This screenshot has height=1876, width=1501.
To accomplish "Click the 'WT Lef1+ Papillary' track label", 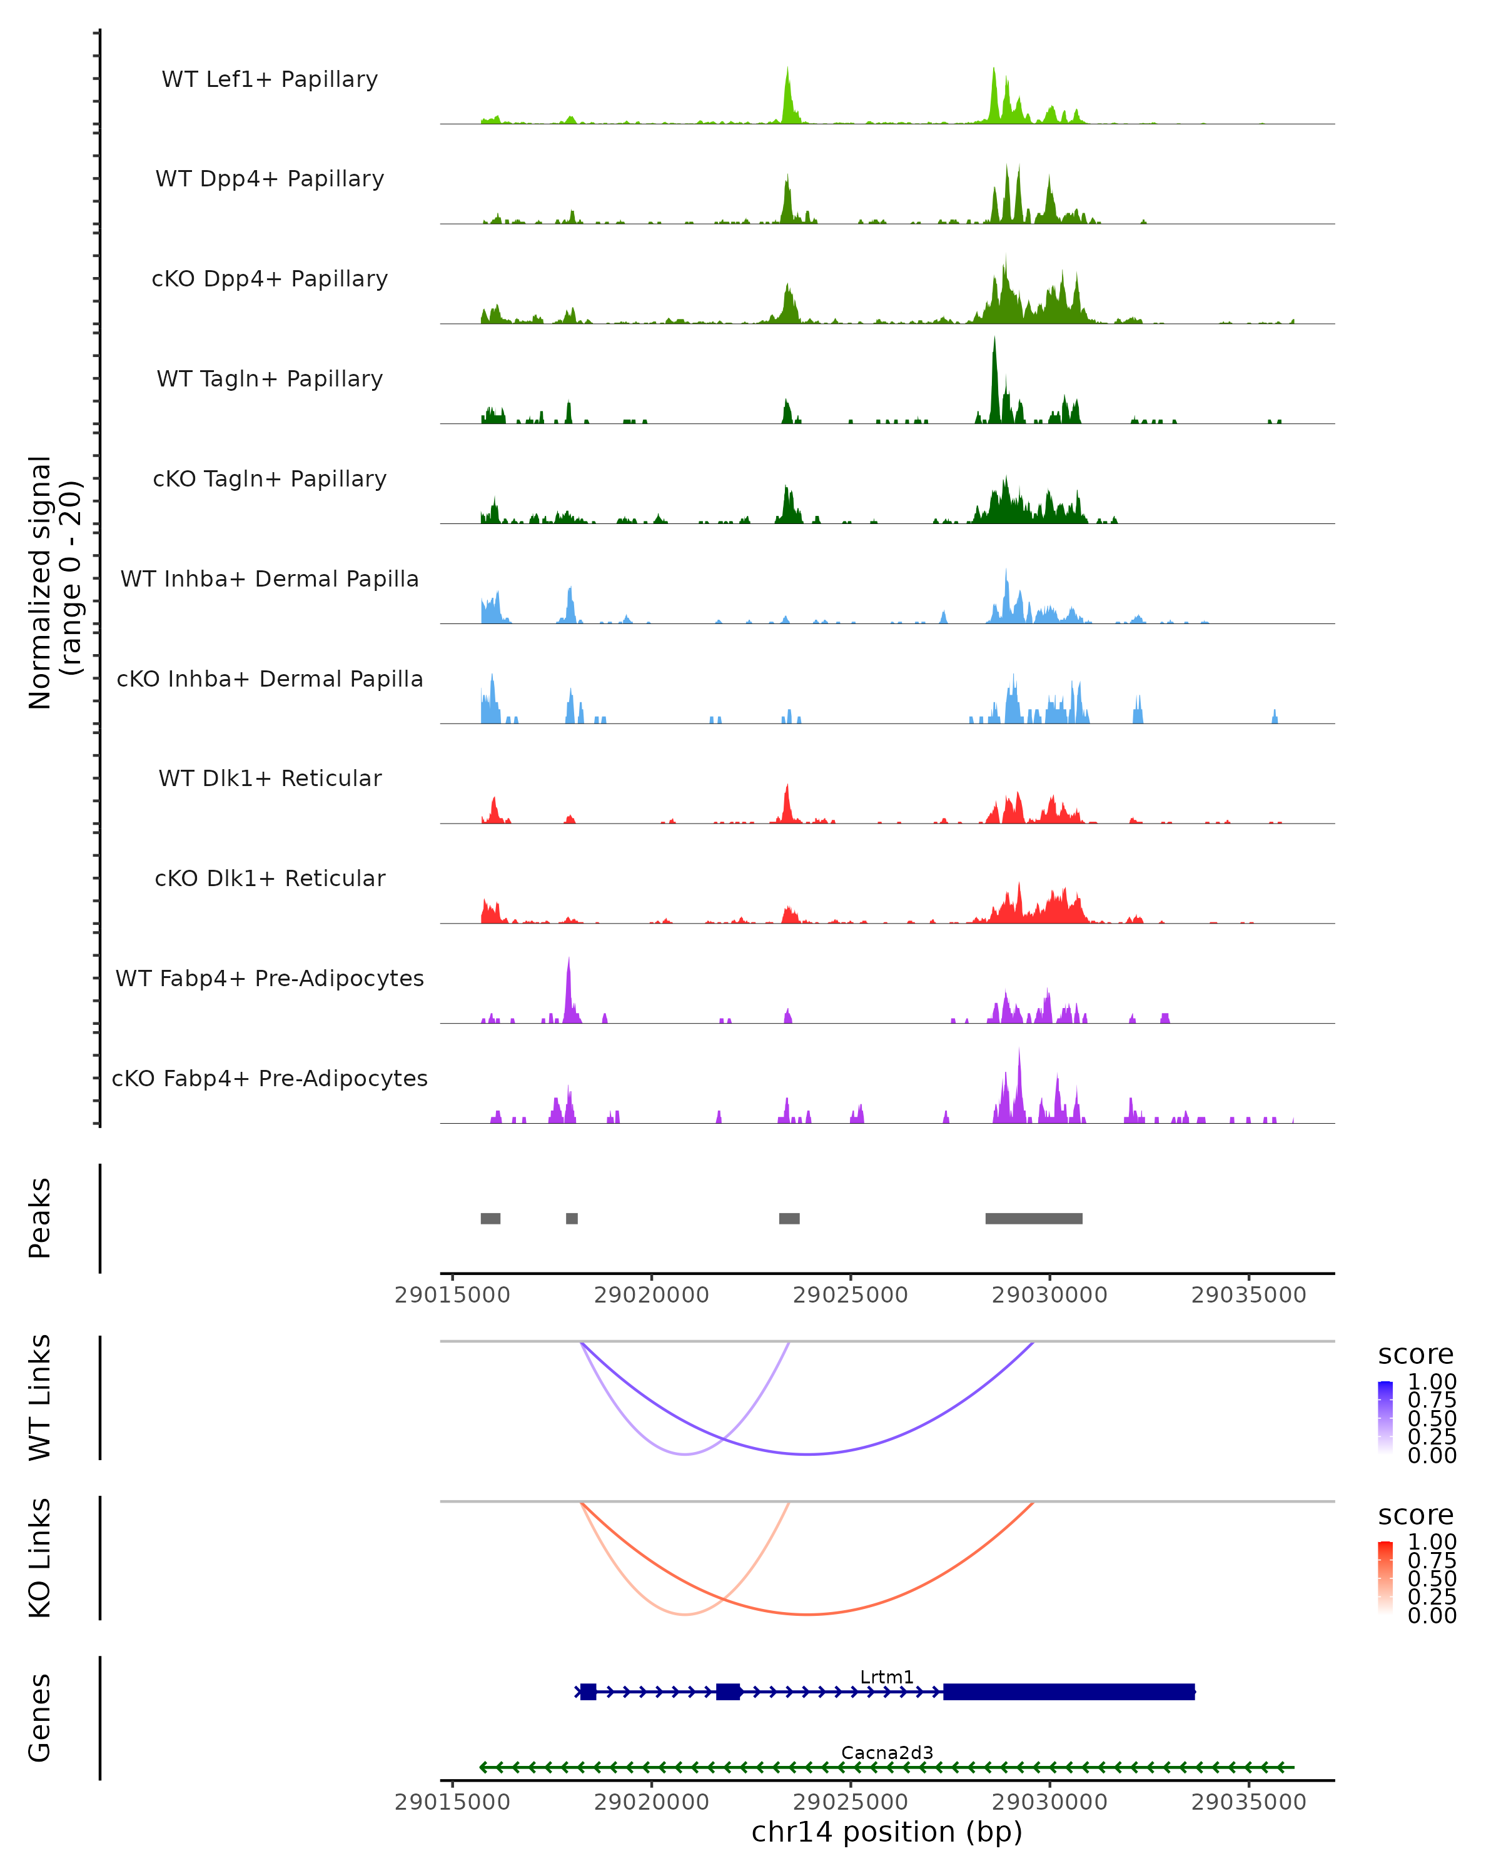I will click(270, 79).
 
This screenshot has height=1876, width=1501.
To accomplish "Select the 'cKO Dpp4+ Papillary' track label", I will click(270, 278).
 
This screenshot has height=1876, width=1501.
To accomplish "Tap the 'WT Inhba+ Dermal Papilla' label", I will click(270, 578).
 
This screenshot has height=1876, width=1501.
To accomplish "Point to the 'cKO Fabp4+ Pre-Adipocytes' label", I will click(270, 1078).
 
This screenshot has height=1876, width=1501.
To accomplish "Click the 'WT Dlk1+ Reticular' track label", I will click(270, 778).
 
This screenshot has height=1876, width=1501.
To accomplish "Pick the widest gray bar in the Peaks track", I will click(1034, 1218).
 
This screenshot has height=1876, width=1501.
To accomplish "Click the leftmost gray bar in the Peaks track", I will click(491, 1218).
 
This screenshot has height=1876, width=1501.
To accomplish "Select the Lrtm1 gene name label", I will click(887, 1677).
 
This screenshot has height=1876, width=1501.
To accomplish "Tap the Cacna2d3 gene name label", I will click(887, 1752).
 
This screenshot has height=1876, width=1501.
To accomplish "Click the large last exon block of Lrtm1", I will click(1069, 1692).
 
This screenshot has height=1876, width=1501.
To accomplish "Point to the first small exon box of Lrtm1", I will click(589, 1692).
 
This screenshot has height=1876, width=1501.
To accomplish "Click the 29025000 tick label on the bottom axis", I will click(850, 1802).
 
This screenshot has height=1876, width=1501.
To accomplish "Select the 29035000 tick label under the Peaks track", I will click(1249, 1295).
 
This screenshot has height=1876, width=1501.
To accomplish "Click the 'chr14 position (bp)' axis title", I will click(887, 1832).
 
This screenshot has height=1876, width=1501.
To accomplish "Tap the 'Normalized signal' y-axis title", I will click(40, 582).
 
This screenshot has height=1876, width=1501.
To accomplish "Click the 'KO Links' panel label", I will click(40, 1558).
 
